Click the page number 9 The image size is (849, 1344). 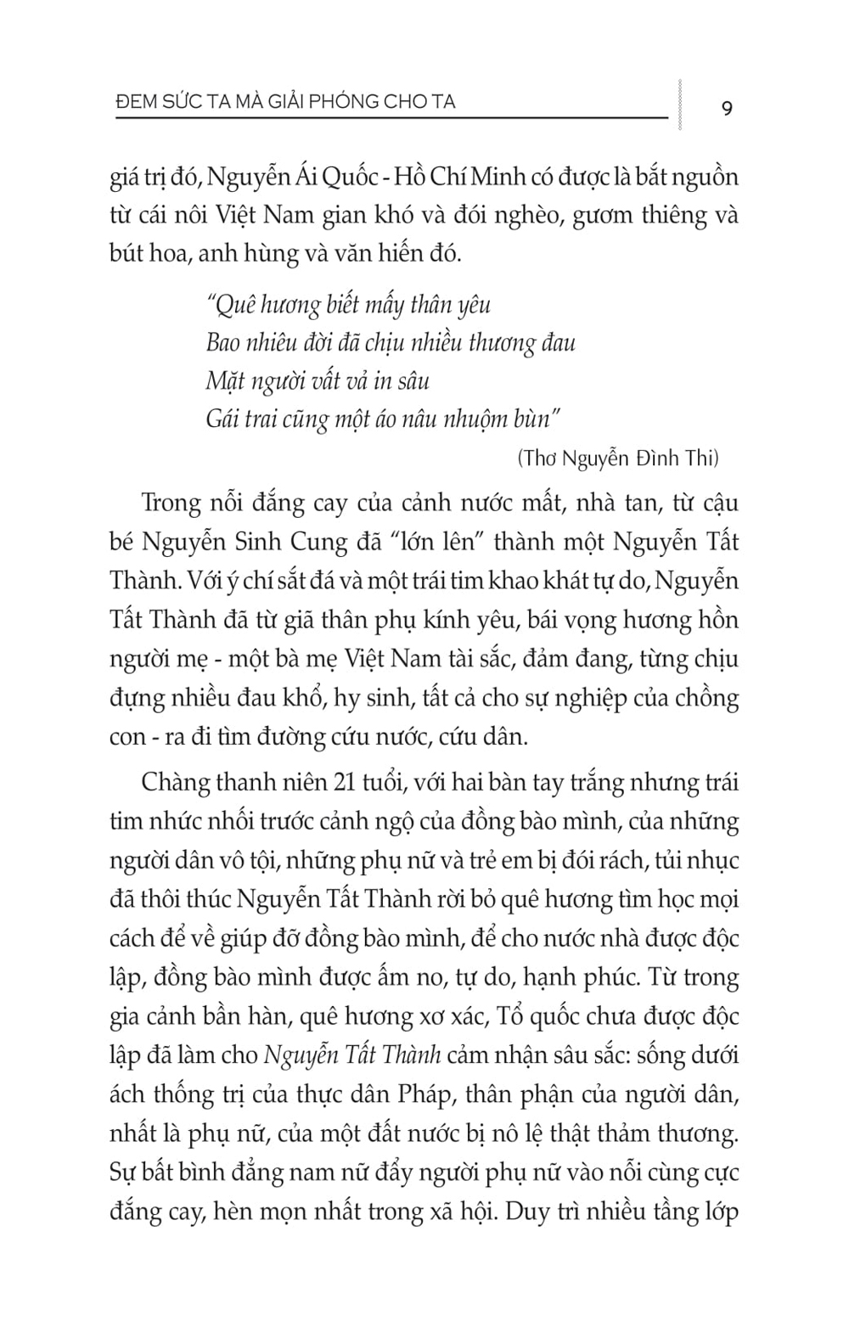[726, 109]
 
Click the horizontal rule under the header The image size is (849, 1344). [391, 118]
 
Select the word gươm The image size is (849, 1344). [600, 216]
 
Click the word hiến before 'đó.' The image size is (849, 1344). [402, 254]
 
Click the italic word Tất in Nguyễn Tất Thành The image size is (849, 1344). [358, 1055]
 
